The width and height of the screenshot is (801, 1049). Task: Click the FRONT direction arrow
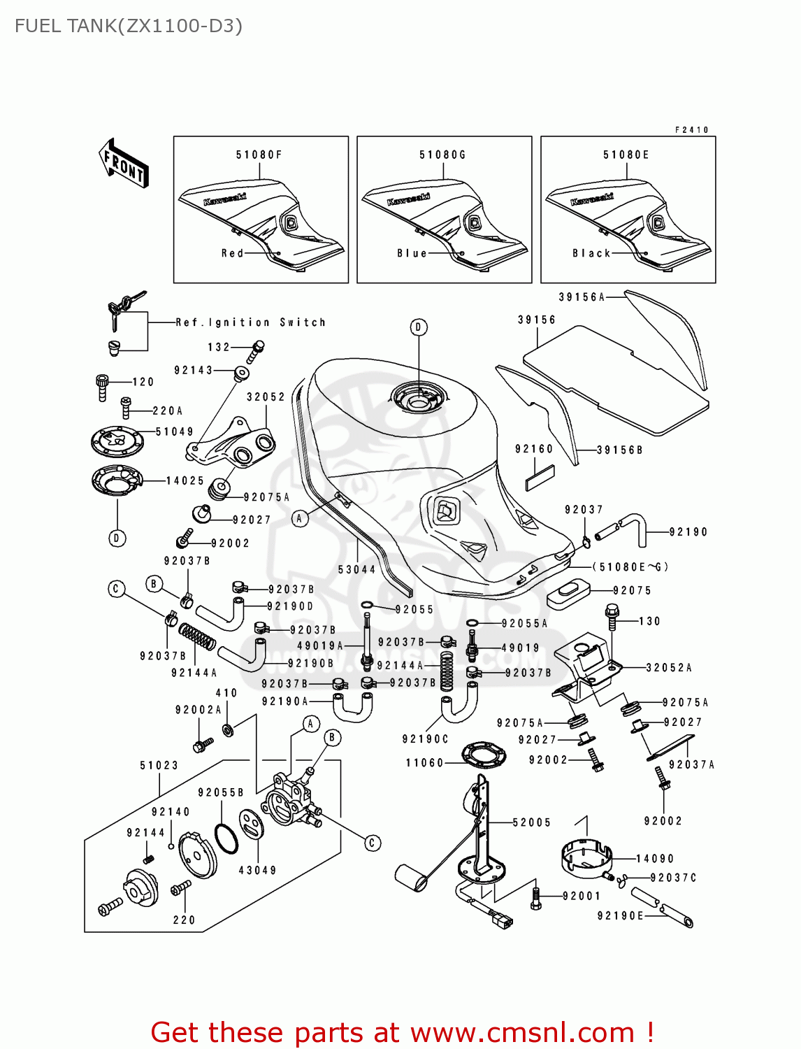(124, 164)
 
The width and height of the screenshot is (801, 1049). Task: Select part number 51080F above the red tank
(259, 155)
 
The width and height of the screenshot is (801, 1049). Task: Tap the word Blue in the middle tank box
(412, 253)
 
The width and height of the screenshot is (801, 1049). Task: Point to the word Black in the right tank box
(591, 253)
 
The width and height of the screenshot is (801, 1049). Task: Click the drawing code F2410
(691, 130)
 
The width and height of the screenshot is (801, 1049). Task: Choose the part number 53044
(356, 569)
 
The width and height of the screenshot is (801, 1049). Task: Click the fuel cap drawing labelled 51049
(117, 441)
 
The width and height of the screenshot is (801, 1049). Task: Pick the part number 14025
(185, 480)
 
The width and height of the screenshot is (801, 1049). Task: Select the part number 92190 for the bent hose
(688, 532)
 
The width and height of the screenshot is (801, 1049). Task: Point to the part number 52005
(531, 822)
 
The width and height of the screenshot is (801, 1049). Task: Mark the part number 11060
(424, 762)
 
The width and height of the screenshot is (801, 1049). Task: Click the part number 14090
(655, 859)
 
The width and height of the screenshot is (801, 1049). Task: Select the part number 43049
(257, 870)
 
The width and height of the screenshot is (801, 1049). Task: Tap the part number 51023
(159, 766)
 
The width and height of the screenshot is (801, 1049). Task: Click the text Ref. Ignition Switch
(250, 322)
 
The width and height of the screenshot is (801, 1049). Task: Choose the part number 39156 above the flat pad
(537, 320)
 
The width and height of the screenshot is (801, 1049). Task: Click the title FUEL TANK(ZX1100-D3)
(129, 26)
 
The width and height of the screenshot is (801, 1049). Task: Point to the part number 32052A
(669, 668)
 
